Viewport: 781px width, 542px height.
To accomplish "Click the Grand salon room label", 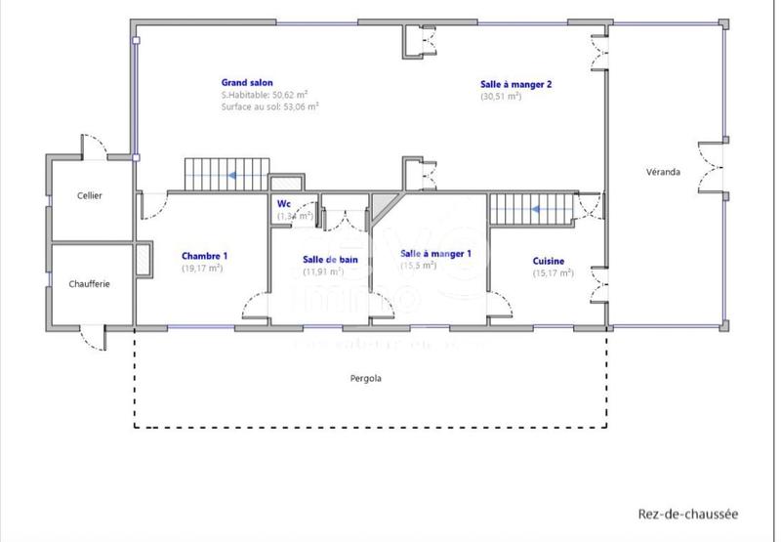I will (x=248, y=84).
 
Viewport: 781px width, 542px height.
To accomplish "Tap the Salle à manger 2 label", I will (x=515, y=84).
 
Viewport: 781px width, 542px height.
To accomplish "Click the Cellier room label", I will (x=90, y=195).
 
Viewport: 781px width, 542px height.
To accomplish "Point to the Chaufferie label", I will (x=89, y=283).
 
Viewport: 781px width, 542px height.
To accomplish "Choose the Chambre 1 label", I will (x=203, y=256).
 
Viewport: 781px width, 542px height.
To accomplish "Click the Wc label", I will (x=285, y=204).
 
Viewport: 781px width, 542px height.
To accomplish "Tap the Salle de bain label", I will (x=330, y=259).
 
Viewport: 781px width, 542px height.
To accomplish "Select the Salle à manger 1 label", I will (x=435, y=254).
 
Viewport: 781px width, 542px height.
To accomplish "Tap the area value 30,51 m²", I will (x=501, y=97).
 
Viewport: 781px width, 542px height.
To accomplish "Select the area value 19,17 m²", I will (x=202, y=268).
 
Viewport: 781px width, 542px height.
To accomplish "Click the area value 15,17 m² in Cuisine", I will (x=552, y=273).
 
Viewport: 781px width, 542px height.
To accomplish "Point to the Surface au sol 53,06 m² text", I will (x=270, y=106).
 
